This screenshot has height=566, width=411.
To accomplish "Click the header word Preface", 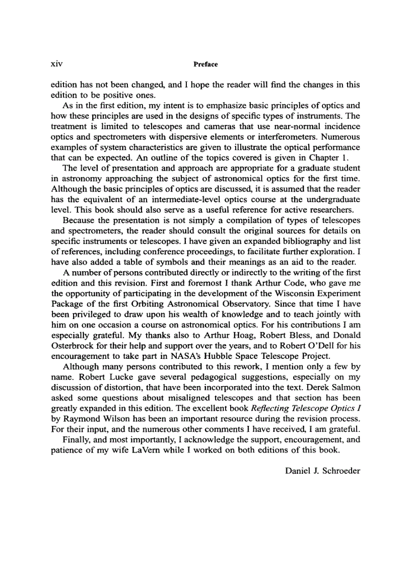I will (205, 65).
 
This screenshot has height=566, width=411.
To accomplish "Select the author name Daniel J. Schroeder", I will (322, 471).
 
